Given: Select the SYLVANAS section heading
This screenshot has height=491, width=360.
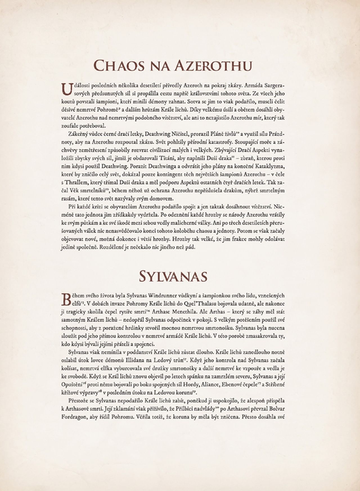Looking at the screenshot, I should (x=173, y=276).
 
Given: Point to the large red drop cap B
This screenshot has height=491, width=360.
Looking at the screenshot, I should (x=65, y=299).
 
